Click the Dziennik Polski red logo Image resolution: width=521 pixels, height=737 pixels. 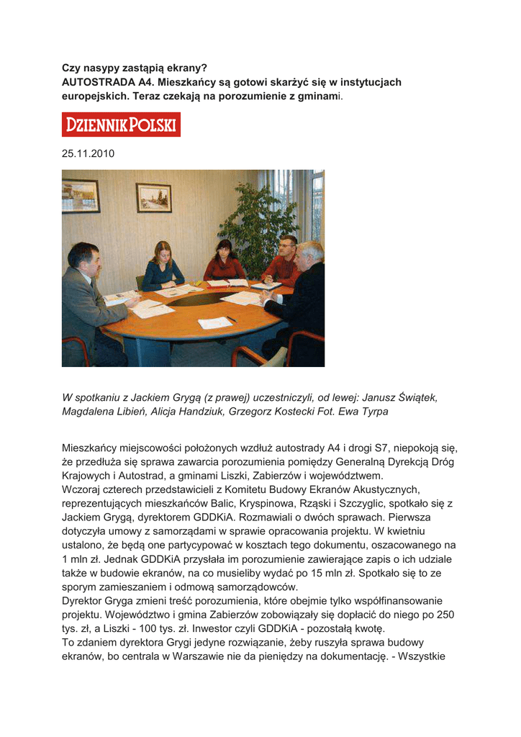[121, 125]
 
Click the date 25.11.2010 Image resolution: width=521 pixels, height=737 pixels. [88, 153]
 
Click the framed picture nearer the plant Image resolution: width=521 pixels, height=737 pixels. [154, 197]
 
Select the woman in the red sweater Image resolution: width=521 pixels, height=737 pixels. [225, 263]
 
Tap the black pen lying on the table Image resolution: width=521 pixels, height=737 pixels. [231, 319]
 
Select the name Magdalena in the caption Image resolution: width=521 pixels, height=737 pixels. [90, 412]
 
